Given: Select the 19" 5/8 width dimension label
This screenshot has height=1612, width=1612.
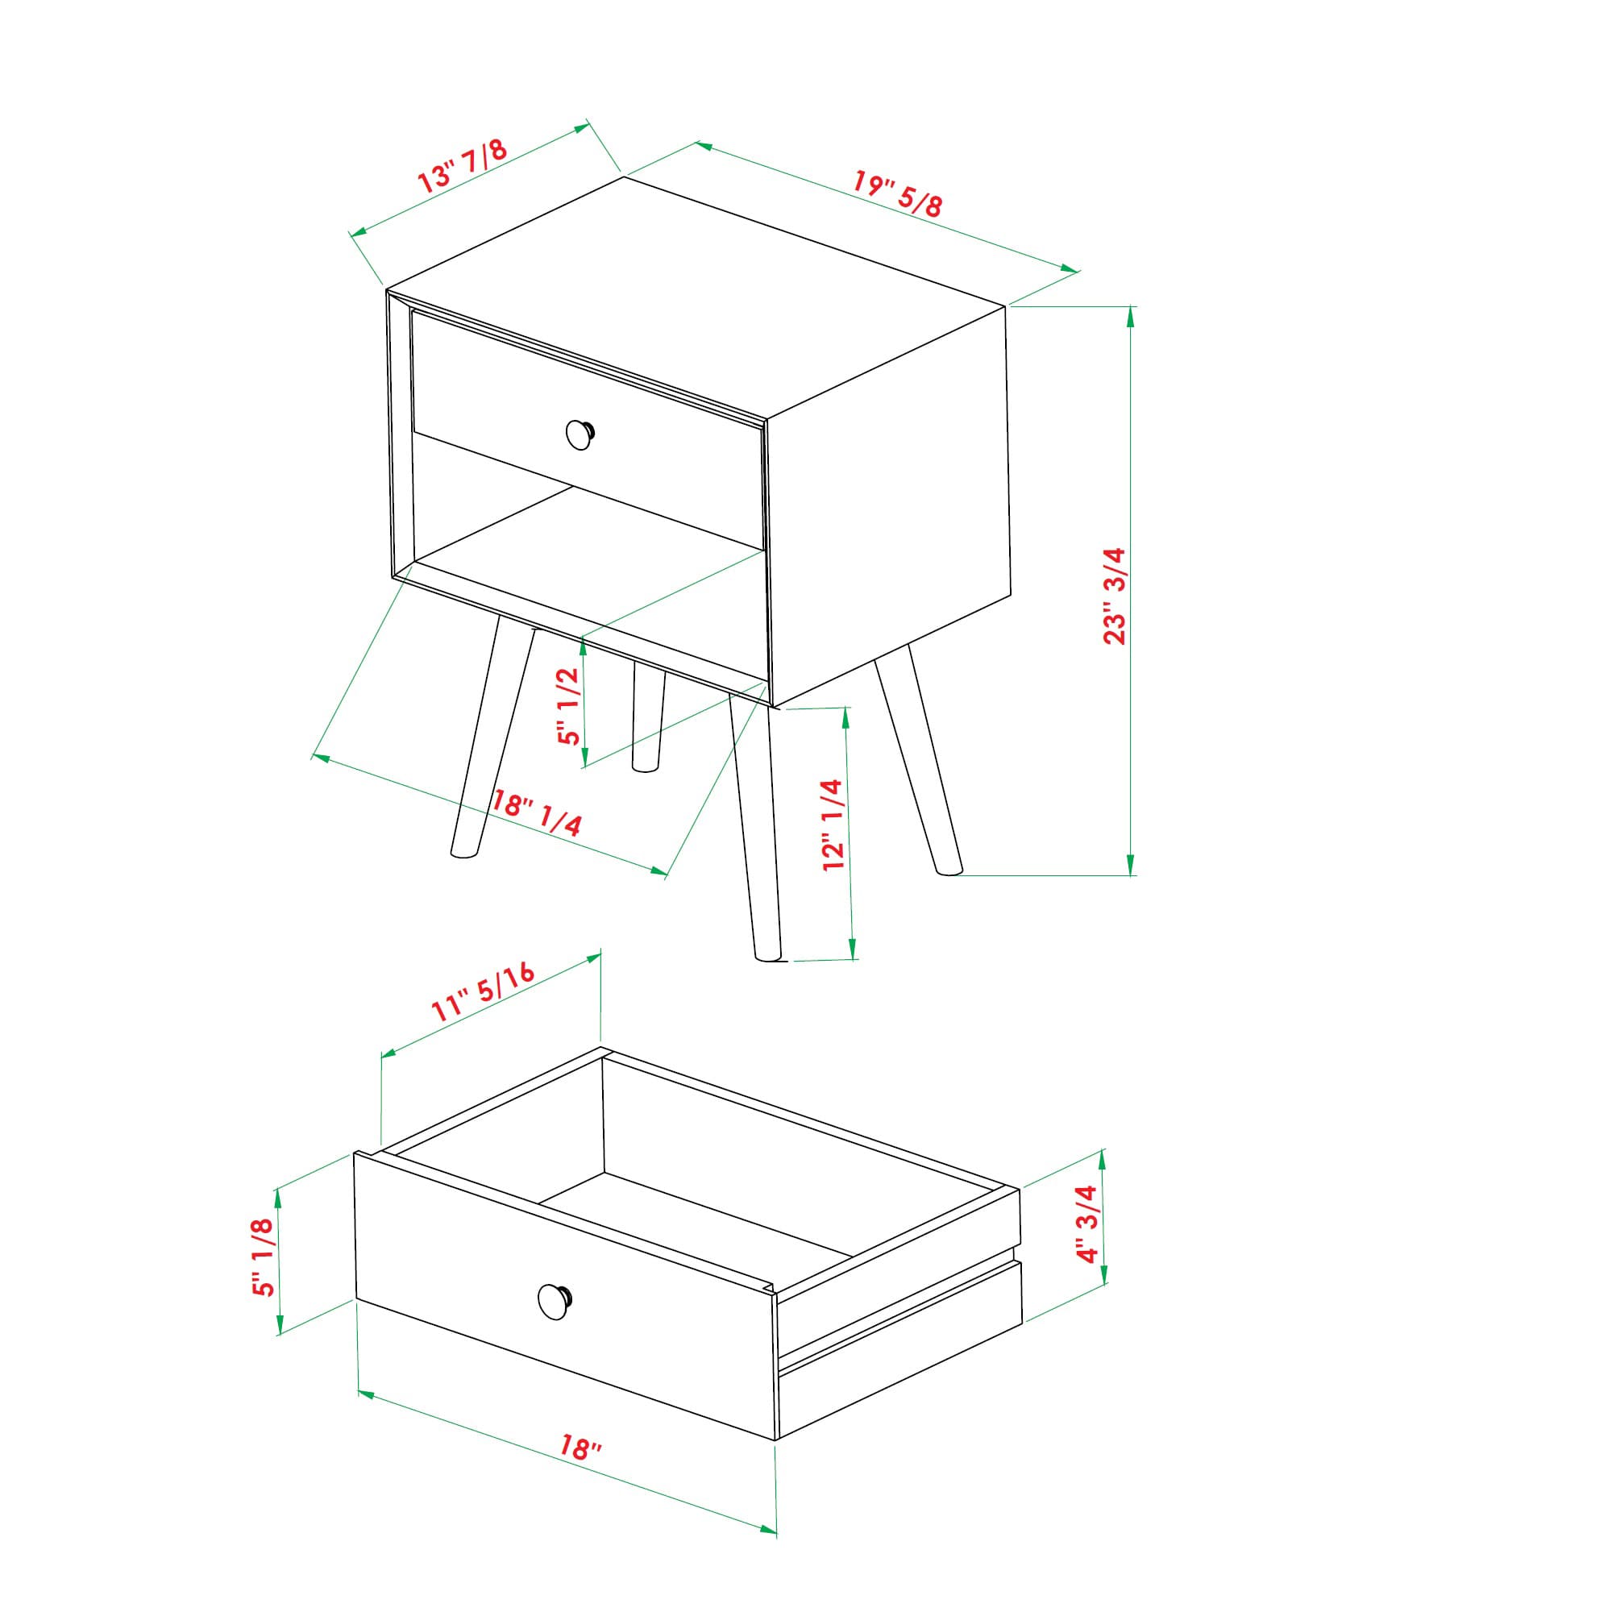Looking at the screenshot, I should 897,193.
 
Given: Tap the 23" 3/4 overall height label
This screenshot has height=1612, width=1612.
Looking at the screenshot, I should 1115,596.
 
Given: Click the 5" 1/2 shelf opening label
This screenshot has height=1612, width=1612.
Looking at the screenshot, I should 569,706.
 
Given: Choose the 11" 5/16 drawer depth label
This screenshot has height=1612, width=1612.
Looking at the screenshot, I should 482,992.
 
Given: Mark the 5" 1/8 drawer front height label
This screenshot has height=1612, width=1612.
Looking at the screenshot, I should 263,1256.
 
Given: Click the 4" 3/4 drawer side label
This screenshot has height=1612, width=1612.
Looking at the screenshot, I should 1088,1224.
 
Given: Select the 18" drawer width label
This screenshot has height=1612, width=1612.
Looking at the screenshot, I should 580,1447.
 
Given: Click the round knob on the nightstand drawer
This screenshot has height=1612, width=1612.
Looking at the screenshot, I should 579,434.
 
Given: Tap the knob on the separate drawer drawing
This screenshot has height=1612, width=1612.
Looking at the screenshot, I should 553,1302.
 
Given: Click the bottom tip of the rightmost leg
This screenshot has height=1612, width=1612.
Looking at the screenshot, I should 949,872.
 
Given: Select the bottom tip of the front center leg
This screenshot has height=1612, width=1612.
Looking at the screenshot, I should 767,957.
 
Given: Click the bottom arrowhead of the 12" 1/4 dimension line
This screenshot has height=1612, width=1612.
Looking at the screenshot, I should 852,953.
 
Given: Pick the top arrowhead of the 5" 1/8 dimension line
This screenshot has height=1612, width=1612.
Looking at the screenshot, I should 279,1194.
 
